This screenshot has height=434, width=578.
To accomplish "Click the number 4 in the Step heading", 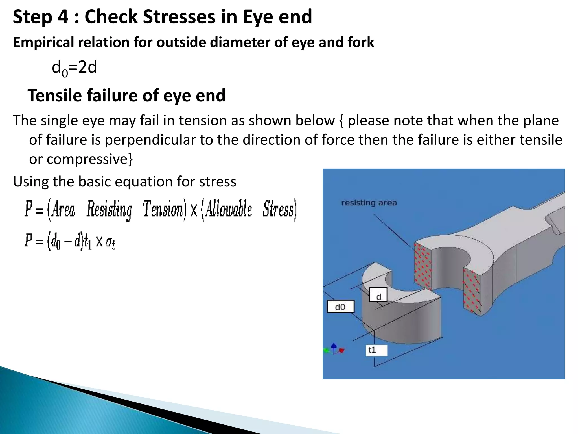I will (x=63, y=17).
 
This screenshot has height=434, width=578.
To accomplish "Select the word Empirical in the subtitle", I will (x=43, y=42).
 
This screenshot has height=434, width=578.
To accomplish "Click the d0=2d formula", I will (x=74, y=68).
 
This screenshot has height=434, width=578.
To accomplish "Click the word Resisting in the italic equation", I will (x=109, y=210).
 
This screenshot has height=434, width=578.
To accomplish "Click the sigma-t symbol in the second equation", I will (x=110, y=242).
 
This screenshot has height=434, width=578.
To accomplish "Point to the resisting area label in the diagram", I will (x=369, y=203).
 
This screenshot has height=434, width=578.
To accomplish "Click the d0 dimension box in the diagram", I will (x=340, y=307).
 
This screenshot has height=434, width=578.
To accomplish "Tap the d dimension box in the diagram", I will (x=378, y=295).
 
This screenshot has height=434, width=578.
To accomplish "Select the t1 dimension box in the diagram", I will (x=376, y=350).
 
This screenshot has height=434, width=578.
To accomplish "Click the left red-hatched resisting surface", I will (x=422, y=266).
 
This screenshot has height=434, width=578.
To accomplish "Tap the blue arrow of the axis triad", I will (x=334, y=346).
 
